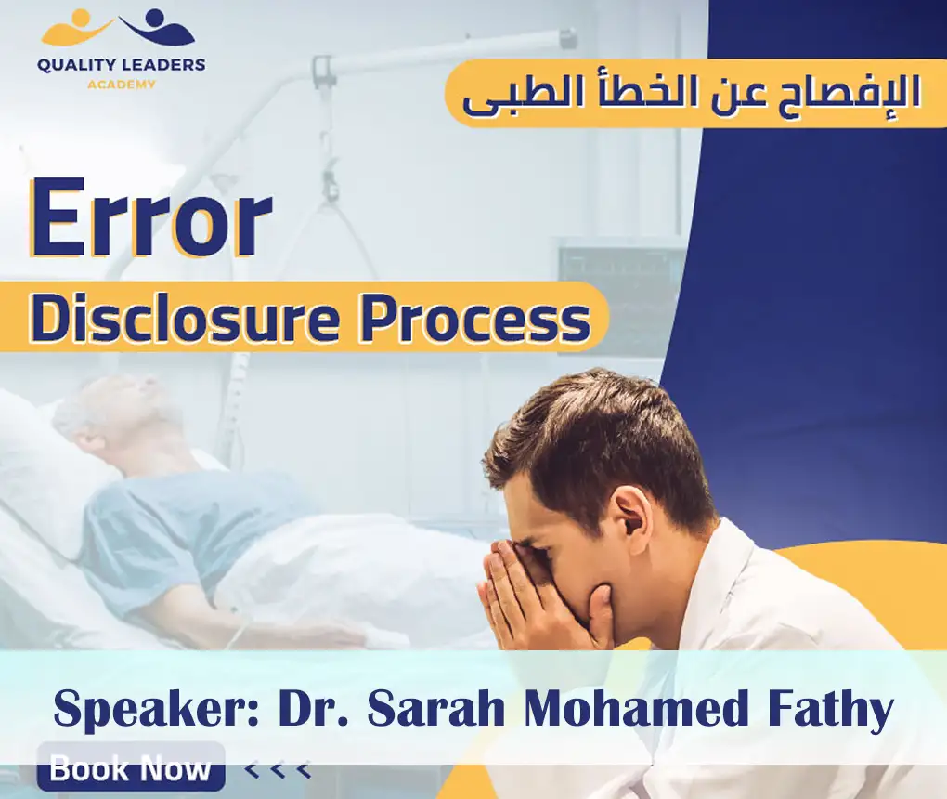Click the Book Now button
point(131,767)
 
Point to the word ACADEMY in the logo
point(121,84)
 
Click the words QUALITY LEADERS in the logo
point(121,65)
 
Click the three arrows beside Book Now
point(277,769)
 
